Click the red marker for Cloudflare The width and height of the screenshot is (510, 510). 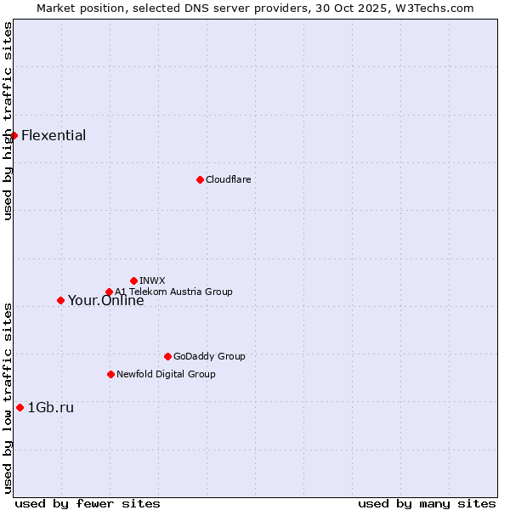coord(200,179)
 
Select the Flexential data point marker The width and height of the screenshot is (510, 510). coord(14,135)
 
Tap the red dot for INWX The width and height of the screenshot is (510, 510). coord(133,280)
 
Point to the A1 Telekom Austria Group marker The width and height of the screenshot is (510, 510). coord(109,292)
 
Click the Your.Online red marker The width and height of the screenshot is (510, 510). coord(60,300)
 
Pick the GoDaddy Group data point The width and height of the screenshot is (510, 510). coord(167,356)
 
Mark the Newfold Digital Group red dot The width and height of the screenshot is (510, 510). coord(110,374)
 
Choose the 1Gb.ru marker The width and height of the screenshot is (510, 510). coord(20,407)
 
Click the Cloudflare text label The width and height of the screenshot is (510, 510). coord(228,179)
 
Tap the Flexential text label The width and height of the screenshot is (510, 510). coord(54,135)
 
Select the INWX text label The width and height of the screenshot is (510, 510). coord(152,280)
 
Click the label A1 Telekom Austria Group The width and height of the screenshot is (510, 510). coord(173,292)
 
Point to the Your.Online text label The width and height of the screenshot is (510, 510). coord(105,300)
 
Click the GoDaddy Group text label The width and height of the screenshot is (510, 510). coord(209,356)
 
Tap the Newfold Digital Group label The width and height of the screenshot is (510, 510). coord(166,374)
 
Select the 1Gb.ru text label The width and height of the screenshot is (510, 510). coord(50,407)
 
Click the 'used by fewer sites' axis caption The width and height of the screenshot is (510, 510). coord(88,503)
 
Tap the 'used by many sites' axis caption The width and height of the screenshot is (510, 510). coord(427,503)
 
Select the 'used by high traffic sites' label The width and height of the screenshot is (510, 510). coord(8,121)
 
